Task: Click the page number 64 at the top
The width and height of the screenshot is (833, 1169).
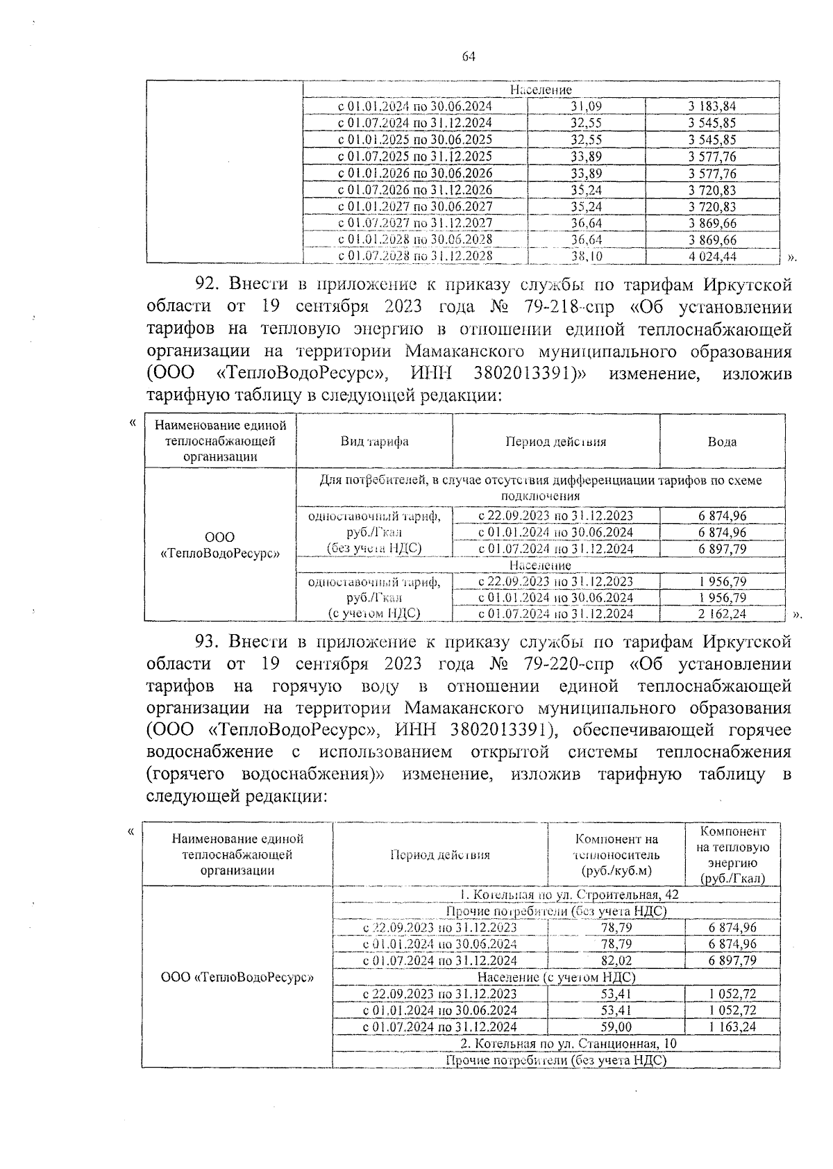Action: (x=469, y=58)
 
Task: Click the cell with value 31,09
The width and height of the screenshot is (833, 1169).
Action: (x=586, y=106)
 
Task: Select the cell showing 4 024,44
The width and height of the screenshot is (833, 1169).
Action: (x=712, y=256)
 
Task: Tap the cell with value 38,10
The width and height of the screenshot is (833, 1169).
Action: (x=586, y=256)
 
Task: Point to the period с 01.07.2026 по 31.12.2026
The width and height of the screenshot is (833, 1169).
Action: (x=415, y=190)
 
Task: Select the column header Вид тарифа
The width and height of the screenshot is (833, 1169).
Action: (x=374, y=442)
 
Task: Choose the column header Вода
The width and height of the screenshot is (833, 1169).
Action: (x=722, y=442)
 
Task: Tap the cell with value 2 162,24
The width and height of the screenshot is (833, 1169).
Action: (x=722, y=613)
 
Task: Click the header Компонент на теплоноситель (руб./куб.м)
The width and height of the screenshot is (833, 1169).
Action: (x=616, y=854)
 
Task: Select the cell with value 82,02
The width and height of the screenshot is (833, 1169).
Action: (x=616, y=961)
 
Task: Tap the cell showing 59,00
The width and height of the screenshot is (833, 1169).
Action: (x=616, y=1027)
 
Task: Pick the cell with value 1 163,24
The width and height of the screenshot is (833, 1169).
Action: (x=732, y=1027)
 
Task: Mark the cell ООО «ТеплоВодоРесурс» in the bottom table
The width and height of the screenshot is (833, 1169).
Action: (x=237, y=977)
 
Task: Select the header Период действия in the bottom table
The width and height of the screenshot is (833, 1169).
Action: (x=439, y=854)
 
